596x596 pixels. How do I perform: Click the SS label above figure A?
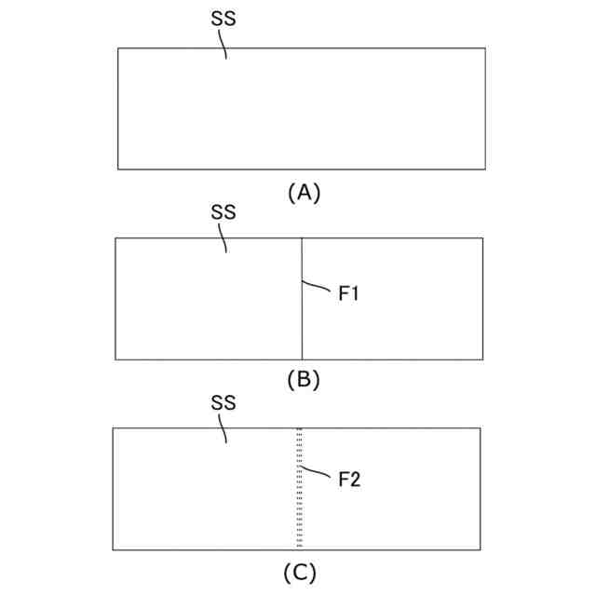[x=223, y=20]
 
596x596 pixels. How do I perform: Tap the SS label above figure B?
[x=223, y=212]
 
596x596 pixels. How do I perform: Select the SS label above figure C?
[x=223, y=403]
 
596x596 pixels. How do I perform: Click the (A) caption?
[x=304, y=192]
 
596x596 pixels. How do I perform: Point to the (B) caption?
[x=304, y=380]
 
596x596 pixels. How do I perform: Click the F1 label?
[x=349, y=294]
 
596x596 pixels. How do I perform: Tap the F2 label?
[x=349, y=480]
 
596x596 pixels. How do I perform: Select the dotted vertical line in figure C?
[x=299, y=512]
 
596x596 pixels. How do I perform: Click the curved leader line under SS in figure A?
[x=223, y=45]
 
